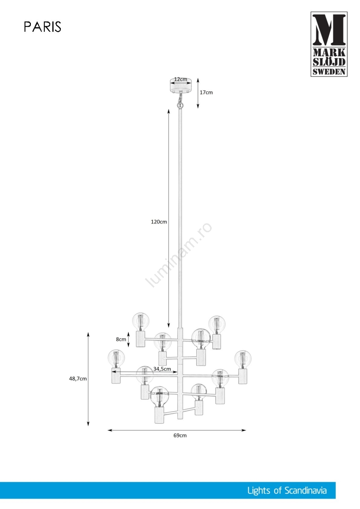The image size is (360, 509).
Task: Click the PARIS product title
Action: point(43,27)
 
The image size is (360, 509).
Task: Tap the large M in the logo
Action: point(328,30)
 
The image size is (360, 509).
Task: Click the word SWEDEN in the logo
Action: point(329,72)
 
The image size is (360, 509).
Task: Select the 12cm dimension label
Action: point(180,79)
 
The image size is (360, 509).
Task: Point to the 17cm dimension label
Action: point(206,93)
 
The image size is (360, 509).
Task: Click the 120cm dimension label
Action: point(159,222)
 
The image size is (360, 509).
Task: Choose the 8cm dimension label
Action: point(121,339)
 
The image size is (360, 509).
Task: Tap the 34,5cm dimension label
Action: point(162,369)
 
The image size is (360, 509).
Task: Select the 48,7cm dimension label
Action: point(78,379)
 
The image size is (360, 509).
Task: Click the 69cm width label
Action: point(180,436)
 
